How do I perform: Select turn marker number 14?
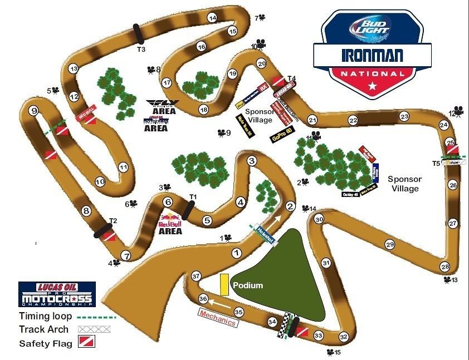click(x=212, y=18)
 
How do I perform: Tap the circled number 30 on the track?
click(x=319, y=219)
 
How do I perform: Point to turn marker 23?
click(x=404, y=116)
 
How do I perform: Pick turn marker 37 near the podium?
click(x=196, y=276)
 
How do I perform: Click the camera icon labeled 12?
click(x=458, y=111)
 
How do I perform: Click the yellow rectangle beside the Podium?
click(x=224, y=284)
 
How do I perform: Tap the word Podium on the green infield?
click(x=248, y=285)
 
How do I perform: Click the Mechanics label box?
click(x=217, y=318)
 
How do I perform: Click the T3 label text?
click(x=141, y=50)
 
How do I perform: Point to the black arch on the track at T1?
click(x=188, y=210)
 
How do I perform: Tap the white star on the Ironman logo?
click(x=372, y=85)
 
